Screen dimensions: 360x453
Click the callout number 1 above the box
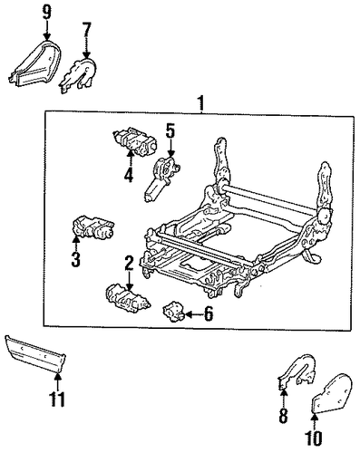click(x=201, y=103)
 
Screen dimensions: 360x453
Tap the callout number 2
click(x=129, y=263)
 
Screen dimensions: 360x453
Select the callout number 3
click(x=75, y=259)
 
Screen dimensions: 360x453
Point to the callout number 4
click(x=129, y=175)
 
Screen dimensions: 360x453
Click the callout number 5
click(x=170, y=130)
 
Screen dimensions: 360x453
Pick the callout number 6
click(x=209, y=314)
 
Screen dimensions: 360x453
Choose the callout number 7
click(x=86, y=29)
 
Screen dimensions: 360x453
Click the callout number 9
click(x=47, y=13)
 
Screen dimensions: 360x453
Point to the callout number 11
click(x=57, y=400)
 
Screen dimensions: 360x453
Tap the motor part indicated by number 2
click(x=128, y=297)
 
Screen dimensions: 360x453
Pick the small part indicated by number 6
click(x=174, y=311)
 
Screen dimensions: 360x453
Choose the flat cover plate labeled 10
click(x=331, y=393)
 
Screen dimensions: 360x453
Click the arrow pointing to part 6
click(x=193, y=314)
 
